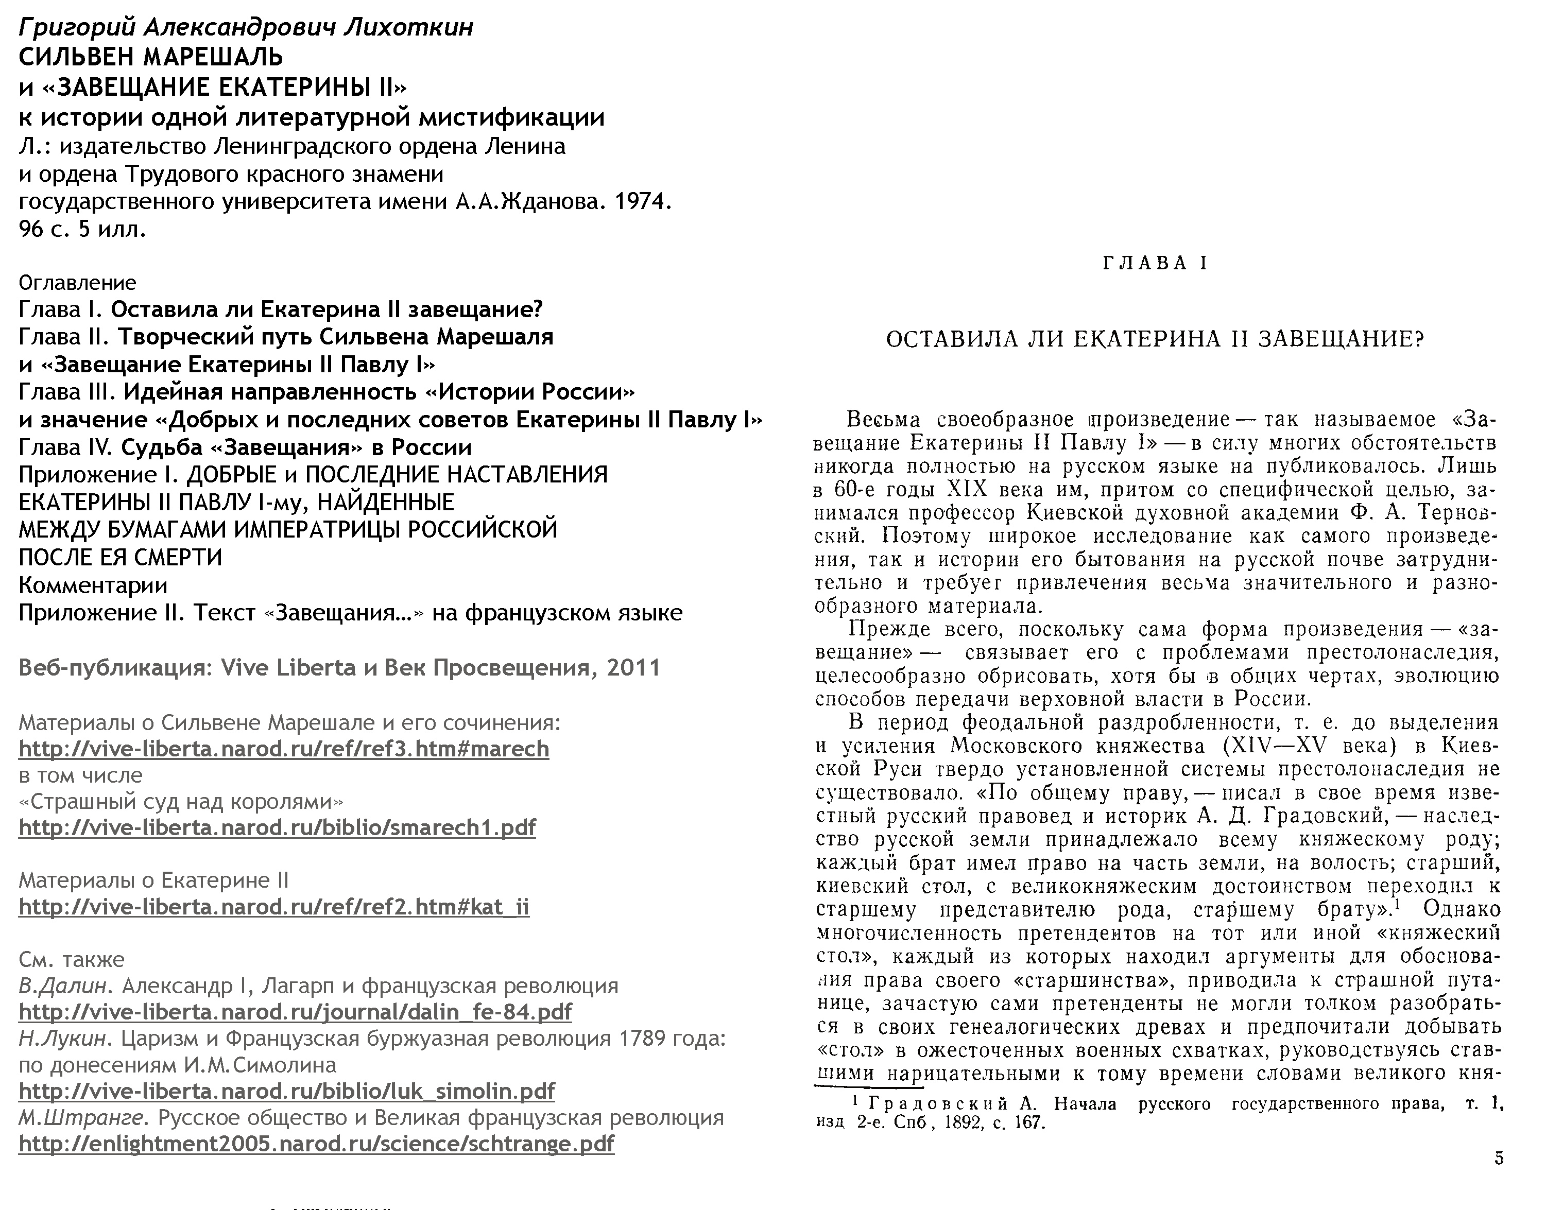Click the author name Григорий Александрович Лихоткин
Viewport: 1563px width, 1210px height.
tap(246, 27)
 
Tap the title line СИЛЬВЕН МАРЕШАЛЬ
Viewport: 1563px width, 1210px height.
tap(151, 57)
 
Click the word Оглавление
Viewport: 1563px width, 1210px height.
tap(77, 283)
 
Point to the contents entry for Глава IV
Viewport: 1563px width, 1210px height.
tap(245, 447)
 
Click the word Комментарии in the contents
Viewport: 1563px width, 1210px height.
tap(93, 585)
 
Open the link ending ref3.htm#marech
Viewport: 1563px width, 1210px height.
tap(283, 749)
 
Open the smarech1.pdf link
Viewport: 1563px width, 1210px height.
tap(277, 827)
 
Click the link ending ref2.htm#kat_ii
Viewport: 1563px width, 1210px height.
tap(273, 907)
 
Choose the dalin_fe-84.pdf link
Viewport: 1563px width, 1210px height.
tap(295, 1011)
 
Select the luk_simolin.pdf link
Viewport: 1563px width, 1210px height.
tap(286, 1091)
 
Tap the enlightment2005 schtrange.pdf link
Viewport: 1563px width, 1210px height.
tap(316, 1144)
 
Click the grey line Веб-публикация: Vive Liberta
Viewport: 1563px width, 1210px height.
tap(339, 668)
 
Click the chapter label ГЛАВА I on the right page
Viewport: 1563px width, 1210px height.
tap(1155, 263)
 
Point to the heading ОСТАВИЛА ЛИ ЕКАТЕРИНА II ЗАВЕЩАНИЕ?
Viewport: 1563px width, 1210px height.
tap(1155, 339)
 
